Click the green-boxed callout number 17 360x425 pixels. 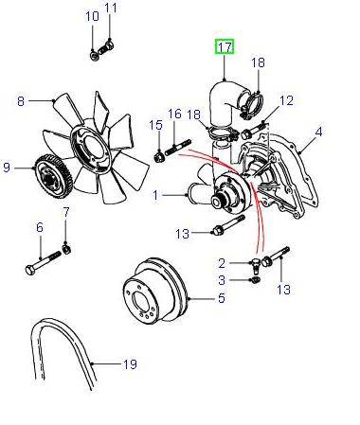click(225, 47)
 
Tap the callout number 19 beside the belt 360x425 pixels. click(130, 364)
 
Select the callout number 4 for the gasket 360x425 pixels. click(318, 132)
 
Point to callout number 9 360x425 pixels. click(7, 168)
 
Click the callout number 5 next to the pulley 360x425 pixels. click(222, 298)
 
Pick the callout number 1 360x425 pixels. click(155, 195)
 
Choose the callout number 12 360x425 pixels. click(287, 100)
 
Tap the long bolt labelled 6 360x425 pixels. click(43, 262)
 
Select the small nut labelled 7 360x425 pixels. click(66, 249)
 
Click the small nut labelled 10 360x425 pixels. click(94, 56)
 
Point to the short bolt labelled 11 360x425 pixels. click(106, 47)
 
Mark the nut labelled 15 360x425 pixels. click(160, 156)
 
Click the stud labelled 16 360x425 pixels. click(178, 148)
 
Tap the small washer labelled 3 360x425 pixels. click(255, 280)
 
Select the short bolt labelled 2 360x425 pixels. click(256, 265)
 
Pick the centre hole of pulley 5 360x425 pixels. click(141, 303)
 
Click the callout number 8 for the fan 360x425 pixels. click(21, 101)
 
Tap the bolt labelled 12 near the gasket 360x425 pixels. click(255, 131)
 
